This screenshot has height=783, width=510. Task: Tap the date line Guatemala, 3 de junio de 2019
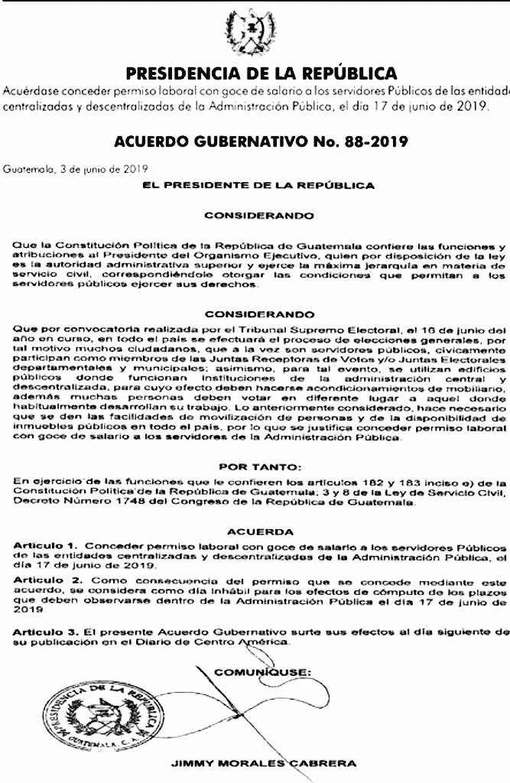tap(75, 168)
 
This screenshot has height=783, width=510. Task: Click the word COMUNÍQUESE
tap(262, 671)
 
